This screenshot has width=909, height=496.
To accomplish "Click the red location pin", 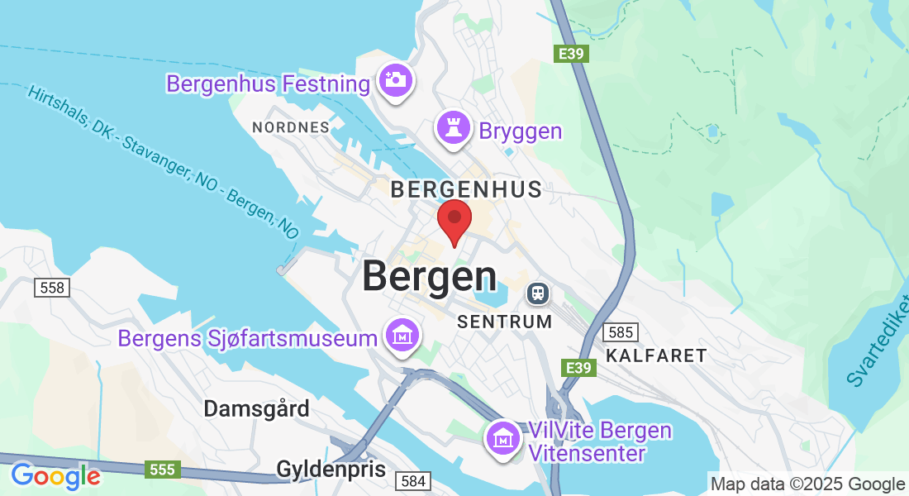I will (454, 220).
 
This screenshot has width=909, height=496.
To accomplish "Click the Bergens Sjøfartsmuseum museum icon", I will (402, 336).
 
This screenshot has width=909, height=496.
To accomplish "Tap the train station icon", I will (539, 293).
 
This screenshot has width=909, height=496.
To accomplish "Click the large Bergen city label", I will (430, 276).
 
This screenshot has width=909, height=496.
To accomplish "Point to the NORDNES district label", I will (291, 127).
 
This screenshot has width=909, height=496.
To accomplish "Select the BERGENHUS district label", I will (466, 189).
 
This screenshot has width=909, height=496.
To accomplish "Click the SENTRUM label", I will (504, 322).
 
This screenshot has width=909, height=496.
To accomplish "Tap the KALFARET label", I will (656, 355).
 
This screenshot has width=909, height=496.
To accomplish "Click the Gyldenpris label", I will (331, 470).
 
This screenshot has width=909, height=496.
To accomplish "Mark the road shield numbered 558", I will (52, 288).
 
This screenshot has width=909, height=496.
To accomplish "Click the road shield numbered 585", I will (619, 332).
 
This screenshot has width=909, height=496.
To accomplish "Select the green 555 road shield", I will (163, 470).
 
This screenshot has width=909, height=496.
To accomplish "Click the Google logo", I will (55, 476).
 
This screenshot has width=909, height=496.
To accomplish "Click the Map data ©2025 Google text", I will (808, 484).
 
